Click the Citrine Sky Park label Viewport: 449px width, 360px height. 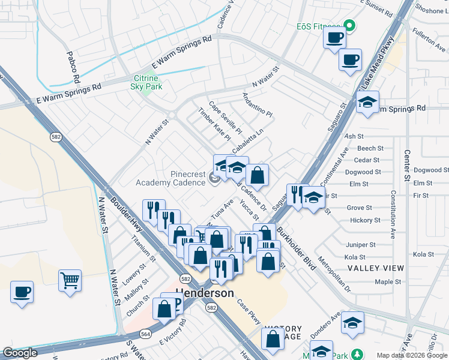(145, 82)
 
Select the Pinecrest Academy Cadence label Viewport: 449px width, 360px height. (170, 178)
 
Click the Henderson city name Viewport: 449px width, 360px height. (204, 293)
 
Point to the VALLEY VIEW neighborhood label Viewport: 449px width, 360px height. (376, 268)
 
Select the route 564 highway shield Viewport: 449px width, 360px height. (145, 334)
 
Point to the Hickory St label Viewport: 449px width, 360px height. (363, 221)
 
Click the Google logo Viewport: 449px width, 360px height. (20, 353)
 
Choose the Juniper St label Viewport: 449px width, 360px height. (361, 245)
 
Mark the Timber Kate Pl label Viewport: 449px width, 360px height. (214, 124)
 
